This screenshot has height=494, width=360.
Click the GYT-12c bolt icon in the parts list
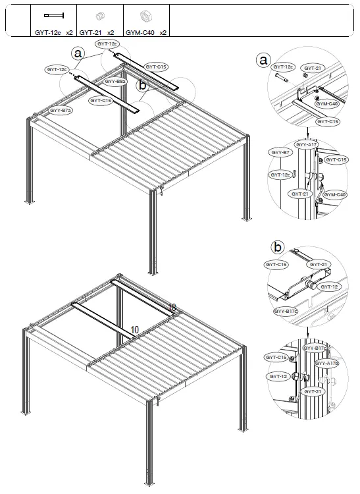[53, 14]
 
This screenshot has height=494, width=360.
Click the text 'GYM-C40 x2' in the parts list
[146, 31]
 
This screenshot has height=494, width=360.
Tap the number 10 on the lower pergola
[134, 329]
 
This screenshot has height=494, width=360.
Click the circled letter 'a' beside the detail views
[263, 61]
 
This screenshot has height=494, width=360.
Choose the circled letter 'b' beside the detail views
[278, 248]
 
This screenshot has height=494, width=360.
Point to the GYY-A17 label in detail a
[305, 144]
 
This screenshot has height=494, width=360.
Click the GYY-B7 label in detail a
[279, 152]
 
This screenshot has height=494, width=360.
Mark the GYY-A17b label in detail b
[327, 363]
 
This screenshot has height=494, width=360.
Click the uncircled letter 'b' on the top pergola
[141, 85]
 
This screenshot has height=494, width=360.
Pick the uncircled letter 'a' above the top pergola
[79, 52]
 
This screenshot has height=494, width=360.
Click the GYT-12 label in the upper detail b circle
[330, 287]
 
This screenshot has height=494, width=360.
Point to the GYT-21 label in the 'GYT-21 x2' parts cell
[91, 31]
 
